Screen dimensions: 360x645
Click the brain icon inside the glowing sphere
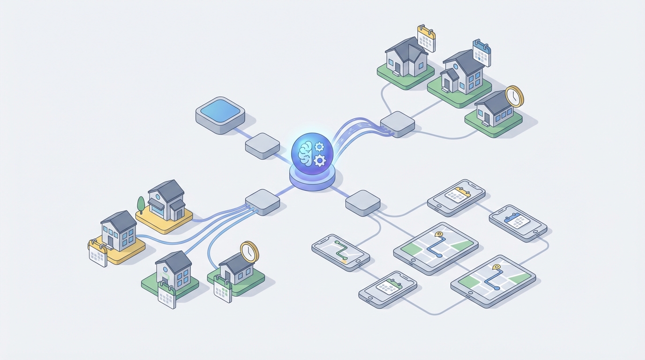pyautogui.click(x=305, y=153)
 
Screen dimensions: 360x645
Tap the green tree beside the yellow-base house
pyautogui.click(x=141, y=205)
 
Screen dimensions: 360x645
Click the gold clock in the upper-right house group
pyautogui.click(x=514, y=97)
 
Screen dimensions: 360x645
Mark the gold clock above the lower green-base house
pyautogui.click(x=249, y=252)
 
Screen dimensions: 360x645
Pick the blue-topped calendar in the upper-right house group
pyautogui.click(x=481, y=52)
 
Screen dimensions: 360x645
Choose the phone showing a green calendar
pyautogui.click(x=388, y=289)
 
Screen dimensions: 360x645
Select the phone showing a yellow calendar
pyautogui.click(x=456, y=197)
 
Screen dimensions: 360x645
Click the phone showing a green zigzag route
pyautogui.click(x=341, y=252)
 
